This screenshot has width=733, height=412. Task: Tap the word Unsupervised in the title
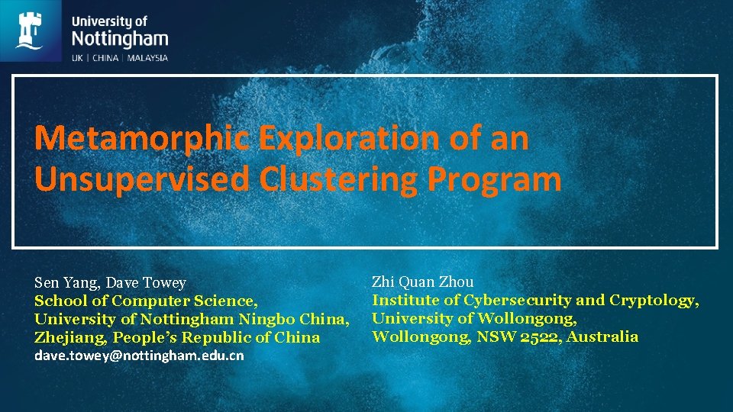[142, 179]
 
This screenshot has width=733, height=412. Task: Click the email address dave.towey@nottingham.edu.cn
[139, 356]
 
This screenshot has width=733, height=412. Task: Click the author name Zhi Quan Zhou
[422, 282]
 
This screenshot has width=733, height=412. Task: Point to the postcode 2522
[541, 336]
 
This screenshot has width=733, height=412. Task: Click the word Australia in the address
[603, 336]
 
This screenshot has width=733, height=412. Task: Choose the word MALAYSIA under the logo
[147, 57]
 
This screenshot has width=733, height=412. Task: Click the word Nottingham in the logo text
[120, 38]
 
